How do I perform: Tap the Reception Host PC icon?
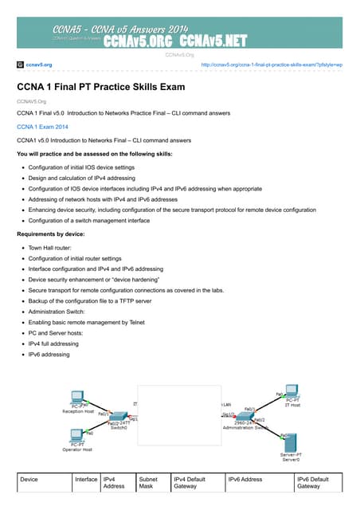tap(78, 398)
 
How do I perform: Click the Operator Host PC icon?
tap(77, 436)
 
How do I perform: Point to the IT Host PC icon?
tap(292, 392)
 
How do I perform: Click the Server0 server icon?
tap(291, 443)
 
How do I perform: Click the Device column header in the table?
tap(29, 479)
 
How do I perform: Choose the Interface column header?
tap(86, 479)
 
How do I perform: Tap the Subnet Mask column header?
tap(149, 482)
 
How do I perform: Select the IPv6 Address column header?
tap(245, 479)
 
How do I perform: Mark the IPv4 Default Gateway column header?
tap(190, 482)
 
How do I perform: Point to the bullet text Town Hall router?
tap(54, 249)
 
